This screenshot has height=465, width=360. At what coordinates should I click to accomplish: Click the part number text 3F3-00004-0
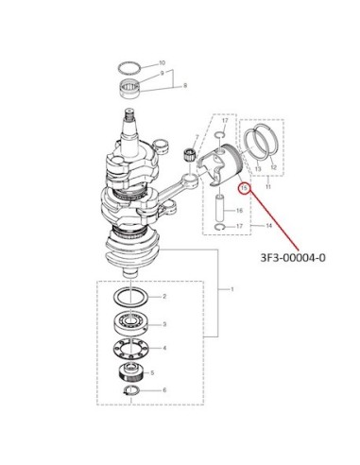[293, 258]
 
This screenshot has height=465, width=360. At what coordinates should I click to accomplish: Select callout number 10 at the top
[162, 62]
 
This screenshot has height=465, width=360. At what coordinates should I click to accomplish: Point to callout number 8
[185, 85]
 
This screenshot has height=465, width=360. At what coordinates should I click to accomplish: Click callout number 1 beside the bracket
[232, 289]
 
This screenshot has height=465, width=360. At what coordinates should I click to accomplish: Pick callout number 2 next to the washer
[164, 297]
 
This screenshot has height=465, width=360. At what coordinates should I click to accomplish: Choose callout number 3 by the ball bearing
[164, 324]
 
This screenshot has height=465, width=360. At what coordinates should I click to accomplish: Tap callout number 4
[164, 348]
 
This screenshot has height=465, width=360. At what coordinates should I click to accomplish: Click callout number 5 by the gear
[152, 373]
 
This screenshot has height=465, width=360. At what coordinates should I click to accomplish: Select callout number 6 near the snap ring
[164, 390]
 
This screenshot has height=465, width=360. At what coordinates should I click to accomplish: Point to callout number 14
[269, 226]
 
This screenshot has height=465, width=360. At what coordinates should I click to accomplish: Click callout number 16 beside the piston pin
[239, 211]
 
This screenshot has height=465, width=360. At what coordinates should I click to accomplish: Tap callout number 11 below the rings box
[268, 187]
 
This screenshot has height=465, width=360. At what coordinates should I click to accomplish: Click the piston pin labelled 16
[220, 208]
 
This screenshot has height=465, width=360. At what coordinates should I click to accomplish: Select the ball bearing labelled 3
[129, 323]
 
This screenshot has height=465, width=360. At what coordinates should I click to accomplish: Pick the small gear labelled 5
[131, 372]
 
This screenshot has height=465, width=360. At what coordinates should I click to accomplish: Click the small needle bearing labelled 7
[189, 154]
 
